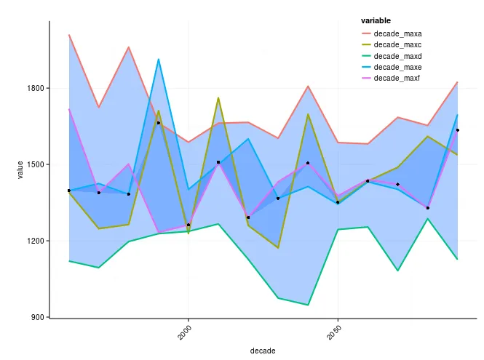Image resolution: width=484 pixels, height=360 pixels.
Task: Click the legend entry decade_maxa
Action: (x=397, y=33)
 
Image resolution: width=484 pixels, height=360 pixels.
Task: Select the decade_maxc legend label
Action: (x=397, y=44)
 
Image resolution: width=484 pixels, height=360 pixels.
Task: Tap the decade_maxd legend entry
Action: (x=397, y=56)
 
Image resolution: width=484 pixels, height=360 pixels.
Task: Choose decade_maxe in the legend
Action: (x=397, y=67)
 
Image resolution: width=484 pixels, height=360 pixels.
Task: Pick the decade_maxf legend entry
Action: (x=397, y=78)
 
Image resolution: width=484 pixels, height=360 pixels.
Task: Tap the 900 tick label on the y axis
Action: (x=37, y=317)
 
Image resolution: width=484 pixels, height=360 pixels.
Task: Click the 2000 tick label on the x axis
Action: (x=183, y=332)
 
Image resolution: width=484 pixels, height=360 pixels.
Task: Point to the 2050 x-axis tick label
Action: (x=332, y=332)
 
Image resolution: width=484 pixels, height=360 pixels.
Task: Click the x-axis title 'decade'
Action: (x=262, y=351)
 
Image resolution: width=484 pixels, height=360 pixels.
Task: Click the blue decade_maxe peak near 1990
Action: (x=159, y=60)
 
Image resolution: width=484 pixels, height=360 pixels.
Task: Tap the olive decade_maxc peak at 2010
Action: (x=218, y=97)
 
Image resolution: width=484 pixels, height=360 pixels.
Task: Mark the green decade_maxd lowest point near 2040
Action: (x=308, y=305)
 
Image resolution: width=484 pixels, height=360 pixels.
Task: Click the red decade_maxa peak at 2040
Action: (x=308, y=87)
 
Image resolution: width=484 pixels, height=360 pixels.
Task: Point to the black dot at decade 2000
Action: (x=189, y=225)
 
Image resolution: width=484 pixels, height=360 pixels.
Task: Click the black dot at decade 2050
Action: (x=338, y=202)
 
